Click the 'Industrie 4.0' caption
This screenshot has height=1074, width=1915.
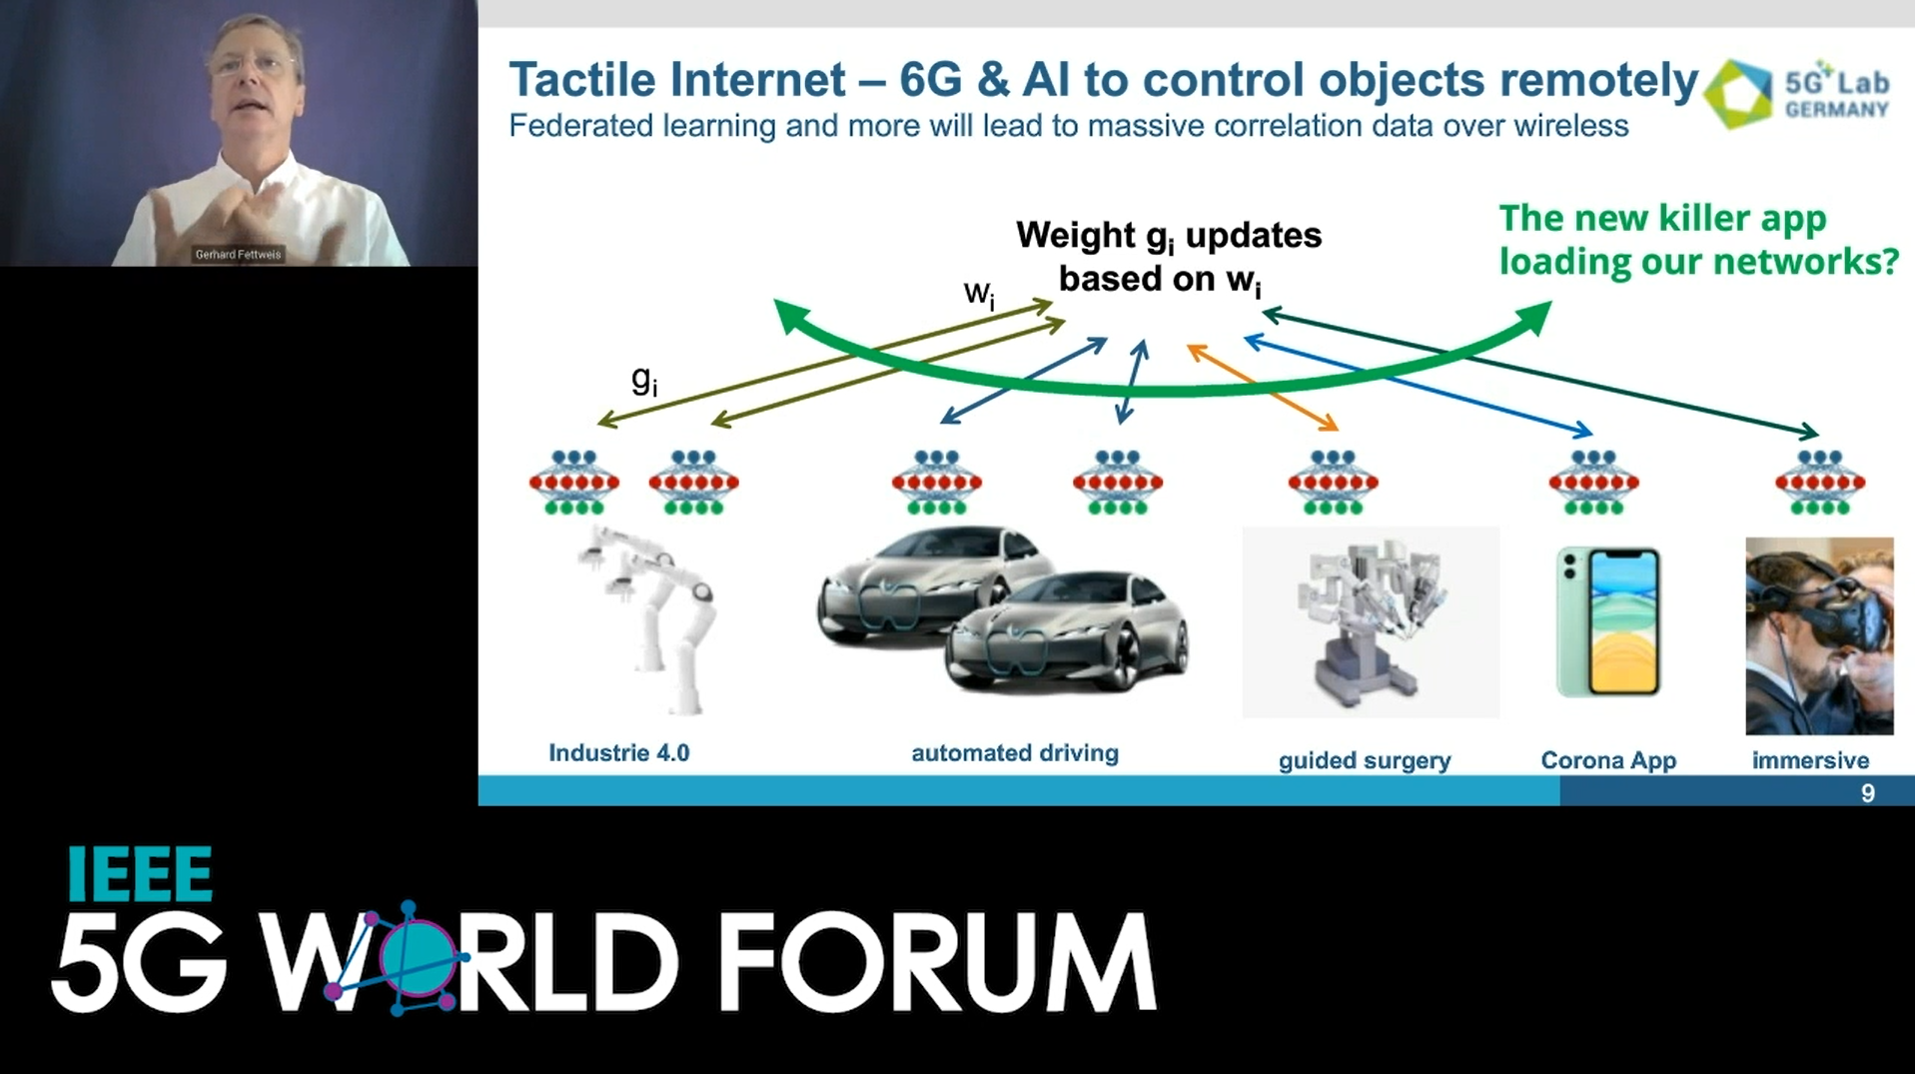[618, 752]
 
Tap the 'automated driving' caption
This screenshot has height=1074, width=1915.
[1014, 752]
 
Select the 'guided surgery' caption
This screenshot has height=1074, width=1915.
[1365, 760]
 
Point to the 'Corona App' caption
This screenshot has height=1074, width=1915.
[1608, 760]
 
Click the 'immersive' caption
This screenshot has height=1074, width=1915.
[1810, 760]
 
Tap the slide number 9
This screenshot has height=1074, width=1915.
[1867, 793]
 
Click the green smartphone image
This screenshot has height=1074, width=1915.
[1608, 621]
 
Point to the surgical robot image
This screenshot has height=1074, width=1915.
[1370, 621]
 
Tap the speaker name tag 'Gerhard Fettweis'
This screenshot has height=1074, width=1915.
[238, 255]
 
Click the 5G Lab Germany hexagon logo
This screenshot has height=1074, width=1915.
[1738, 94]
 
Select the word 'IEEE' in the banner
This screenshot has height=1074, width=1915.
[139, 874]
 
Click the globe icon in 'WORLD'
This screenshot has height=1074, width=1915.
[417, 957]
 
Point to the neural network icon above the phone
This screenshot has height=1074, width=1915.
[1593, 483]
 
